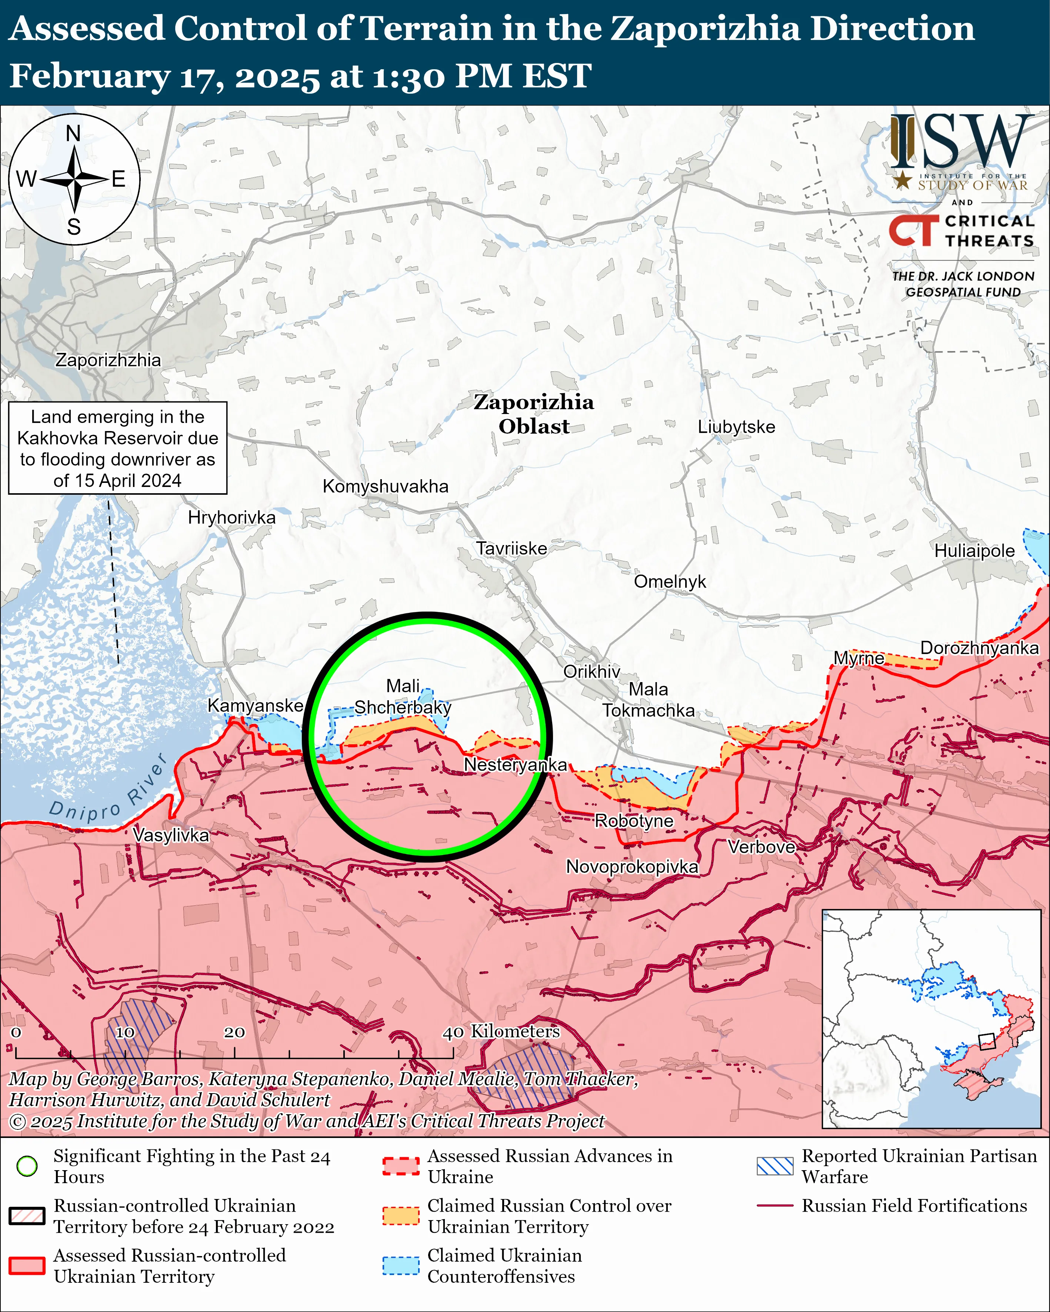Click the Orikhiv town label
591,671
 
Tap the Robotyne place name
634,821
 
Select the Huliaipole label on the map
974,551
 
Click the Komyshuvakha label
385,486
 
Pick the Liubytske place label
736,427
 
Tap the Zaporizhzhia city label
109,360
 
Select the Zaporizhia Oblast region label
534,414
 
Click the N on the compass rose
73,133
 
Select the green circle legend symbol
27,1166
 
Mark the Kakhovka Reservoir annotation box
117,448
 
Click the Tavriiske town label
511,548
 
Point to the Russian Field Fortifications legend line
775,1205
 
